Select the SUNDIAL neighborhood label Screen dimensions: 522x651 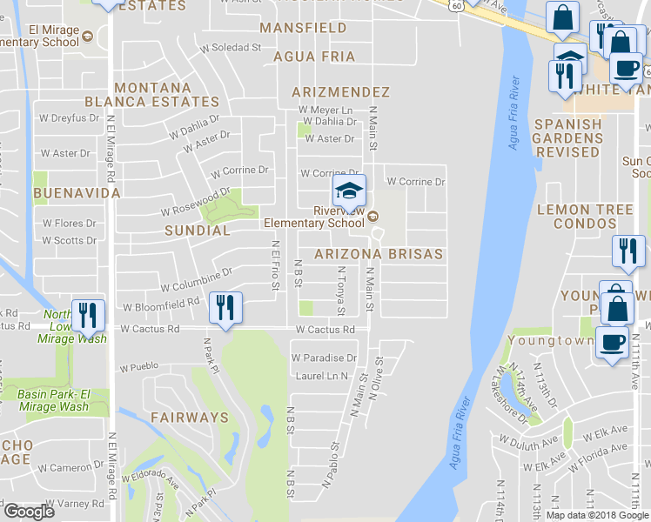pos(198,231)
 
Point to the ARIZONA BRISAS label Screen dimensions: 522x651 pos(379,254)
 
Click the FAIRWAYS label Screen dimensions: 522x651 pos(189,418)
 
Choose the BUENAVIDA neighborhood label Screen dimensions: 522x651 pos(64,191)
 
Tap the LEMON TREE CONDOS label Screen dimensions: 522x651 pos(591,217)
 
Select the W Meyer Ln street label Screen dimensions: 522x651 pos(325,110)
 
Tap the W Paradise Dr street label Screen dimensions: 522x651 pos(324,358)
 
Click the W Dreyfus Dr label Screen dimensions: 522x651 pos(67,118)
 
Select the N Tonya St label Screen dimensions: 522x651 pos(341,291)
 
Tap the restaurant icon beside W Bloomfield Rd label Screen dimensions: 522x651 pos(225,308)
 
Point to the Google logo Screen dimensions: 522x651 pos(29,512)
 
